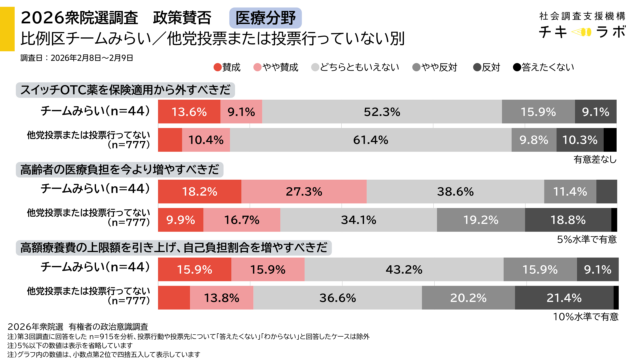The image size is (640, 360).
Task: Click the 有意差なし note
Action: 595,158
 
